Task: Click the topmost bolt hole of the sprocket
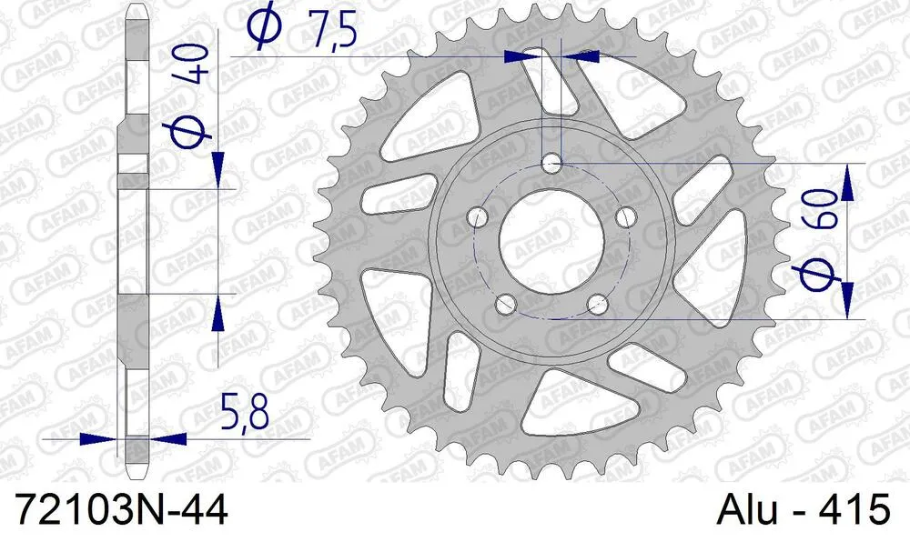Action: (551, 164)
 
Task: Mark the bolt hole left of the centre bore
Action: (475, 217)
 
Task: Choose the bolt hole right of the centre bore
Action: (626, 217)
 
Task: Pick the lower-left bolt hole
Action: (505, 304)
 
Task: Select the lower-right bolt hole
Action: (597, 304)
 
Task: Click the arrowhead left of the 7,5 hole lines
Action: (523, 56)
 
